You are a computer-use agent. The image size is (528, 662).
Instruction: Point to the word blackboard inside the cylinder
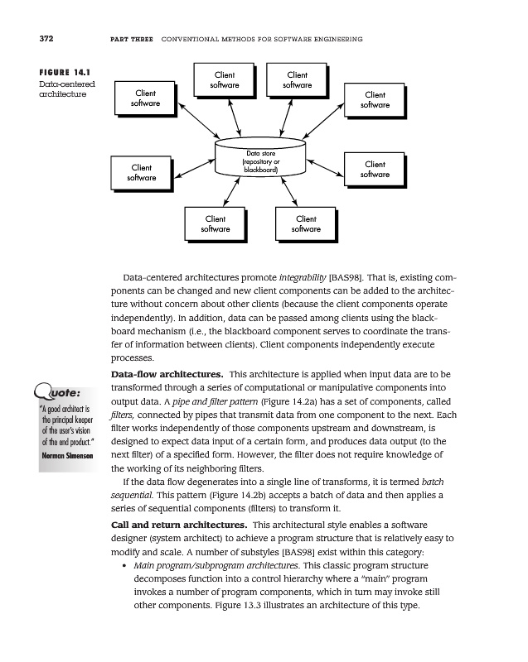coord(259,170)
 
